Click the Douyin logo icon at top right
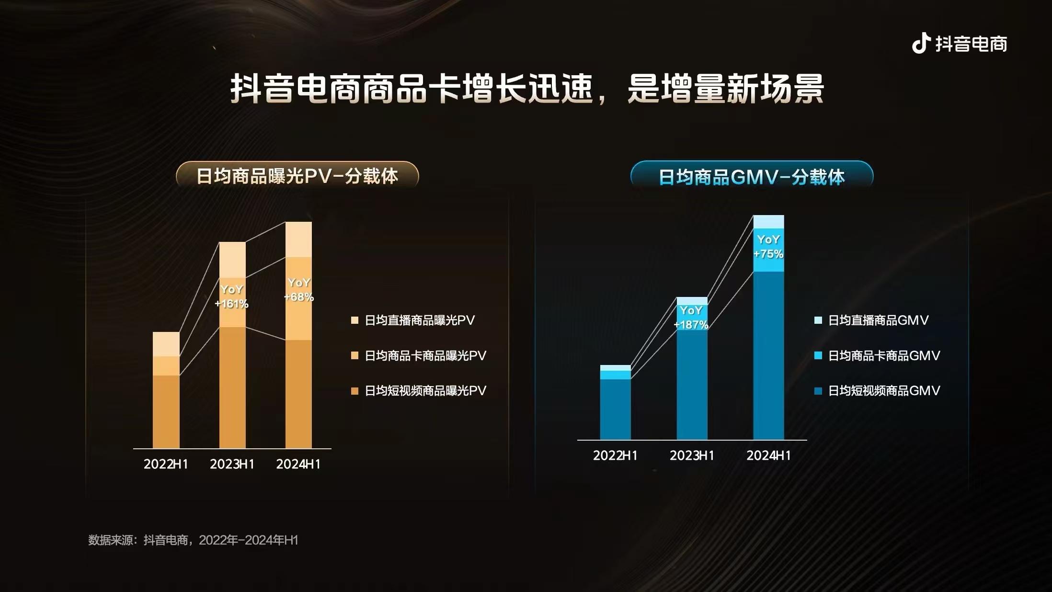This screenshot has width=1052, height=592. tap(921, 44)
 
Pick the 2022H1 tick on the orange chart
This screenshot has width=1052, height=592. tap(166, 464)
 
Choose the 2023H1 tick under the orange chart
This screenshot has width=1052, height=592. tap(232, 464)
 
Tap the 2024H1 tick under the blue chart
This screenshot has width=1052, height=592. tap(768, 455)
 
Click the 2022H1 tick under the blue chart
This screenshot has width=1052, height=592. tap(615, 455)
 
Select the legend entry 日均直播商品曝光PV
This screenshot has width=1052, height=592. tap(419, 320)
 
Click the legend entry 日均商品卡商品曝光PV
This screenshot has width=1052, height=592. tap(425, 355)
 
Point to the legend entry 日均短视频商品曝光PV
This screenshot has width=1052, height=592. tap(425, 391)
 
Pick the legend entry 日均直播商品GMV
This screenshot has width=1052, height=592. tap(878, 320)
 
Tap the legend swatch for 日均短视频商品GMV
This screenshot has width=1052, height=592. tap(818, 391)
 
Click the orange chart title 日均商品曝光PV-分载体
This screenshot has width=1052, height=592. tap(297, 176)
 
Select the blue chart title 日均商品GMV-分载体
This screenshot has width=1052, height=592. tap(751, 177)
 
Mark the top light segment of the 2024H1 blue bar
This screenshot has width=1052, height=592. tap(768, 222)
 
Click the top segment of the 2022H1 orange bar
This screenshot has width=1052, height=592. tap(166, 344)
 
